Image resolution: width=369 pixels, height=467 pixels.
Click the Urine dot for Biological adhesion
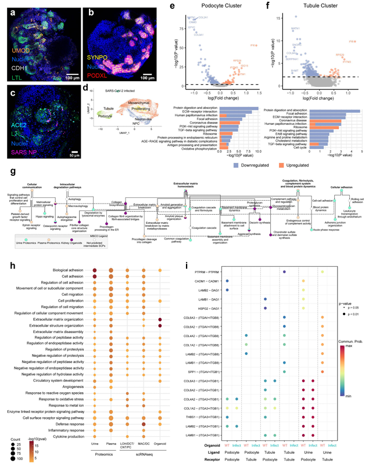[x=94, y=270]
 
